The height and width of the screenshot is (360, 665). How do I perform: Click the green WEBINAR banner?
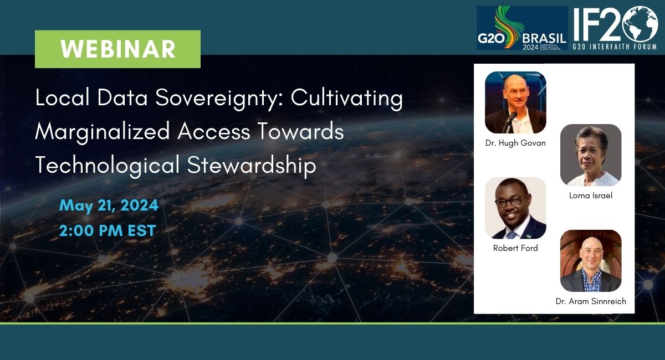point(117,49)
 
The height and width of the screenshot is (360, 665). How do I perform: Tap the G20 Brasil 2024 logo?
point(522,28)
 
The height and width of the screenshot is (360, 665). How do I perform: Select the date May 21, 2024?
point(109,205)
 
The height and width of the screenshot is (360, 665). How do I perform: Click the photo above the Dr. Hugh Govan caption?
point(515,102)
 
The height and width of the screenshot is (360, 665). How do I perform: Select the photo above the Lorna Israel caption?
point(591,155)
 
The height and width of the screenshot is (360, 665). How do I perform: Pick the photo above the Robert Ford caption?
point(515,208)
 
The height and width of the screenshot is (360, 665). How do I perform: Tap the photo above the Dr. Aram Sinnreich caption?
point(591,261)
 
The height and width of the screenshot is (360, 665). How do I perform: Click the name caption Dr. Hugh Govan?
point(515,143)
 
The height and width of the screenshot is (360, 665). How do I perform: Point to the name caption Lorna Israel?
point(591,196)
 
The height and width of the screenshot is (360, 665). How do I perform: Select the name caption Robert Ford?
point(515,248)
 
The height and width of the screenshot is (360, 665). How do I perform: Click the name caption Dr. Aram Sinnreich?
point(591,301)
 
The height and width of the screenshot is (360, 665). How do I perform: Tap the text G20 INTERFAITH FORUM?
point(615,47)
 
